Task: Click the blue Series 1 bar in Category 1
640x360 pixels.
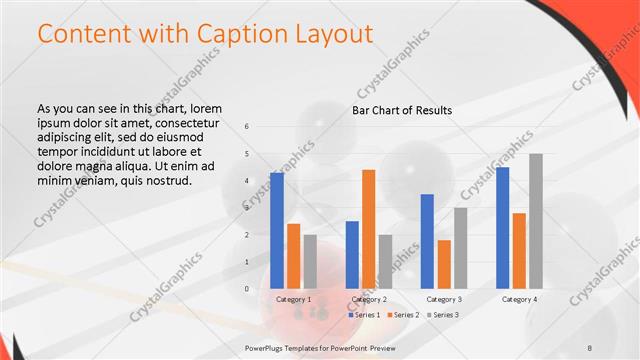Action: click(277, 230)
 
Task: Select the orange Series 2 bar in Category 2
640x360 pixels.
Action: click(368, 229)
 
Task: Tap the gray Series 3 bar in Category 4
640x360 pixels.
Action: click(536, 221)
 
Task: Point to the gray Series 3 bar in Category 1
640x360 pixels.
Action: click(310, 261)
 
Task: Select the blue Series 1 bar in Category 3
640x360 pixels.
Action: click(427, 241)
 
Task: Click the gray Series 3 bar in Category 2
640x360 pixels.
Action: click(385, 261)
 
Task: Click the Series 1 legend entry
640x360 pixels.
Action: click(366, 314)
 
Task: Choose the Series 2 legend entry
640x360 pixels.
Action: click(406, 314)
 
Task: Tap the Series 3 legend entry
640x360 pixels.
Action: click(445, 314)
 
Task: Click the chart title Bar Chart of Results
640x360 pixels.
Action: click(402, 110)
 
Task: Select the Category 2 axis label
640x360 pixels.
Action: click(368, 299)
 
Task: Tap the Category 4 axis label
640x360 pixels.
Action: click(519, 299)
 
